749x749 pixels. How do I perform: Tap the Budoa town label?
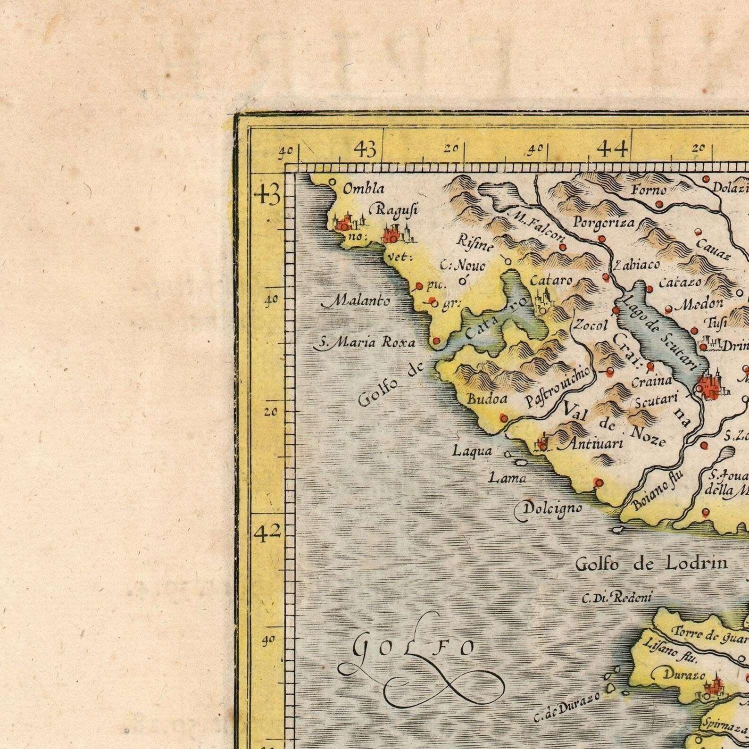coord(487,399)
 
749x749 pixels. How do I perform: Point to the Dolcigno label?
coord(549,508)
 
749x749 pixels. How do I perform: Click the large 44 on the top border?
coord(613,150)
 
